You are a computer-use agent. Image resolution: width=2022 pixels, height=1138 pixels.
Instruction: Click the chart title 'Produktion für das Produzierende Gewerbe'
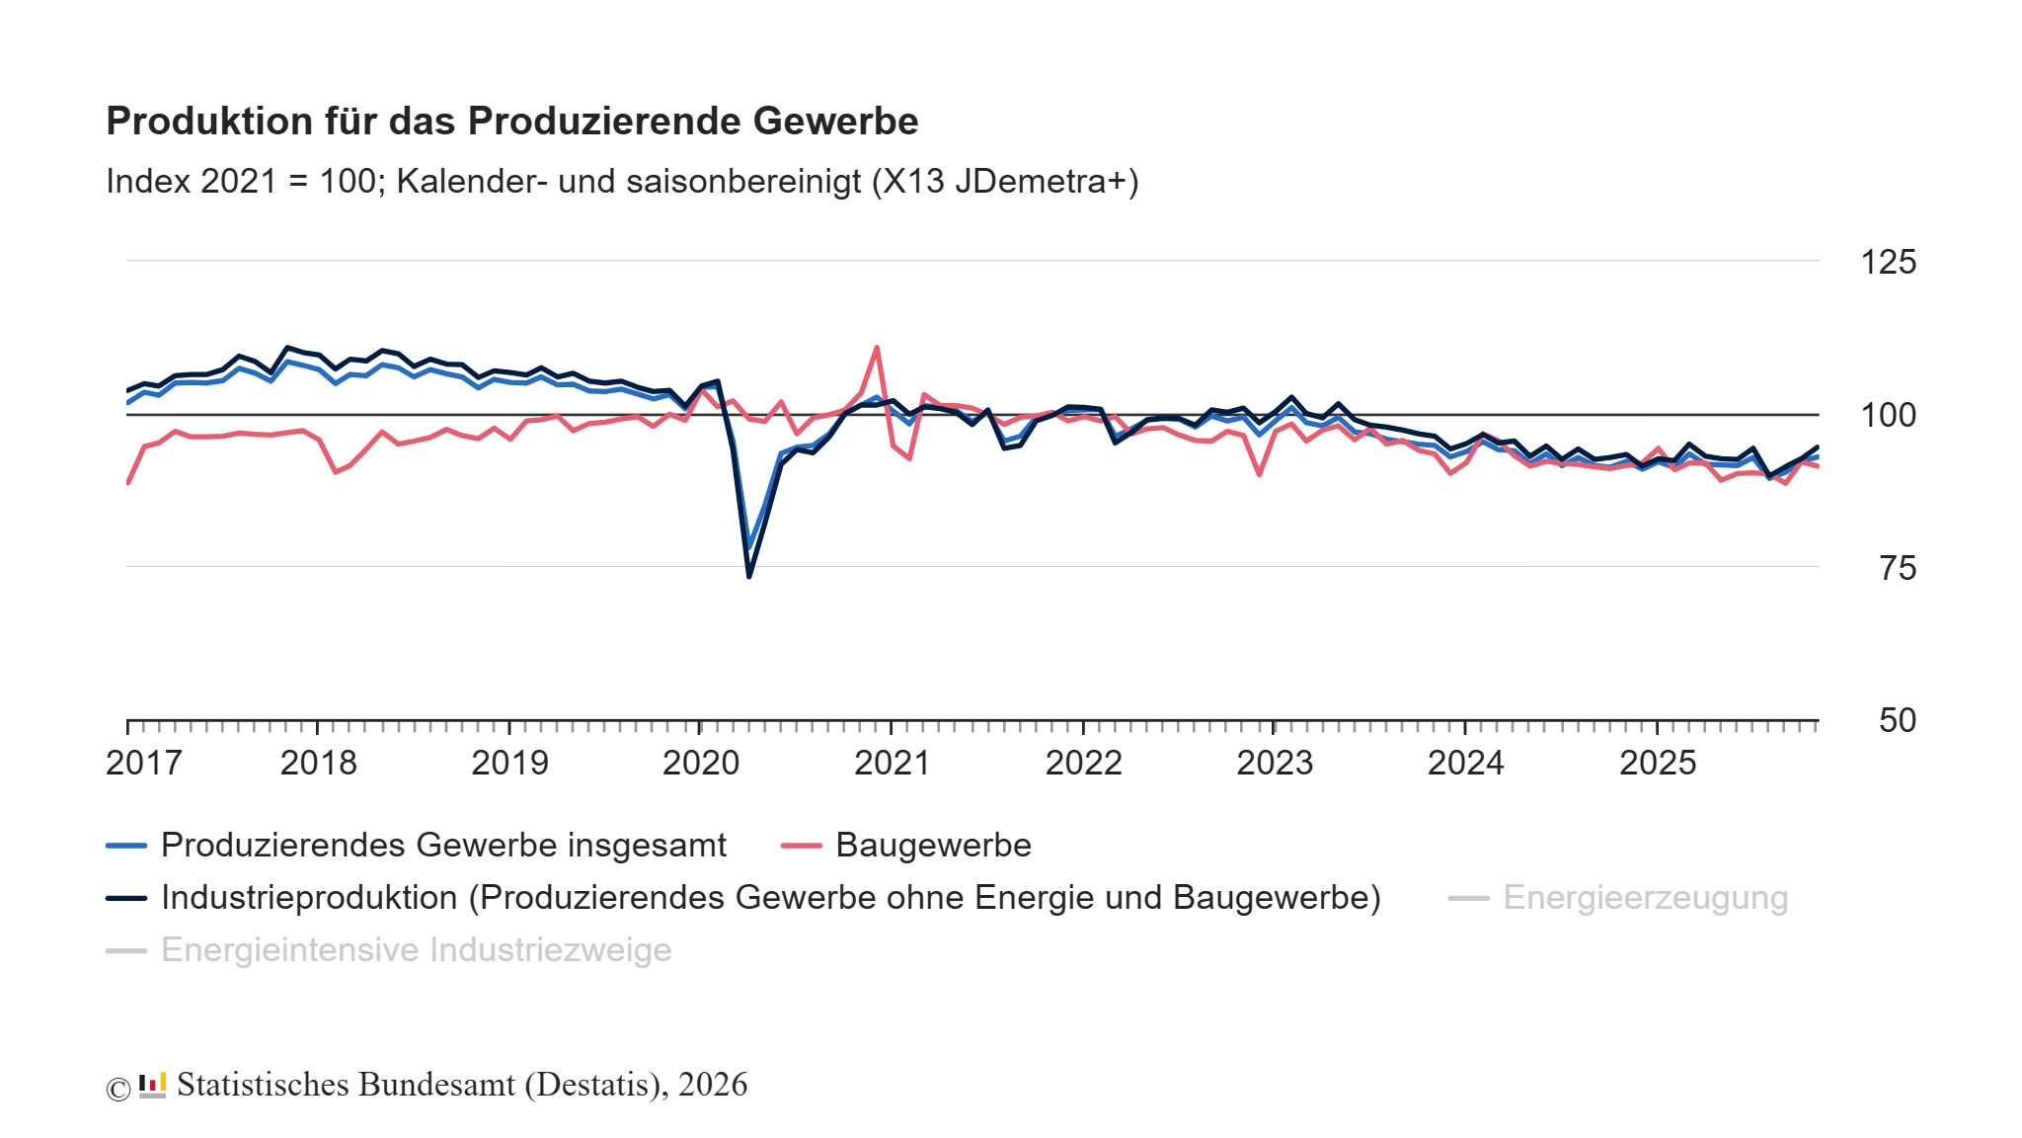tap(511, 121)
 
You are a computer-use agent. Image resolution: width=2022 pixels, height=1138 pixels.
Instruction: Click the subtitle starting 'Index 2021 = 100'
tap(622, 182)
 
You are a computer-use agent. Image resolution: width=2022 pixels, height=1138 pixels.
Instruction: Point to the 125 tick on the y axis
tap(1887, 262)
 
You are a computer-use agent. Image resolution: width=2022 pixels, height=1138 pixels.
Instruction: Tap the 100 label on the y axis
tap(1887, 415)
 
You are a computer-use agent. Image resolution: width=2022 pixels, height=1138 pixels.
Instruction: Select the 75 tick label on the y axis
tap(1897, 568)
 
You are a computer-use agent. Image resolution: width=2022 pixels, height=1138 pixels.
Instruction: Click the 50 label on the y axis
tap(1897, 720)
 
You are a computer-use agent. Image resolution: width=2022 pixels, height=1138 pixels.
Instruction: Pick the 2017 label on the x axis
tap(143, 763)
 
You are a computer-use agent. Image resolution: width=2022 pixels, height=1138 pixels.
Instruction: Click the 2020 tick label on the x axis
tap(700, 763)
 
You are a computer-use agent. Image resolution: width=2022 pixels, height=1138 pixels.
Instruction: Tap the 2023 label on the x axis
tap(1275, 763)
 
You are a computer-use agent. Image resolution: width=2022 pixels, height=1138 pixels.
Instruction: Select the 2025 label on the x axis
tap(1657, 763)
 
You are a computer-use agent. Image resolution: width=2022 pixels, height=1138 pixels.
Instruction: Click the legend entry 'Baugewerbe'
tap(932, 846)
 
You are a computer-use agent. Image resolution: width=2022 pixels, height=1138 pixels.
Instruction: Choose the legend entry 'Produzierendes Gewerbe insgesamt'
tap(442, 846)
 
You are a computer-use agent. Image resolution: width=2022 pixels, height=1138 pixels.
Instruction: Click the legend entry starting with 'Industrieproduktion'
tap(770, 898)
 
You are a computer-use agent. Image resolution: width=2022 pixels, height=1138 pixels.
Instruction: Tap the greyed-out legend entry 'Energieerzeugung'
tap(1645, 898)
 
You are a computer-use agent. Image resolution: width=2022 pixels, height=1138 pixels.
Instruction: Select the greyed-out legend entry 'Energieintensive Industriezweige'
tap(416, 950)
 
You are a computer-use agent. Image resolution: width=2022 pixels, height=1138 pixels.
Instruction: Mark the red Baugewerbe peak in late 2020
tap(877, 348)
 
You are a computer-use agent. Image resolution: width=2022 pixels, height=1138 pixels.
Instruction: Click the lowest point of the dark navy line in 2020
tap(749, 576)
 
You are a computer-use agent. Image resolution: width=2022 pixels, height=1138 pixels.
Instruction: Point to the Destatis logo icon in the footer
tap(152, 1086)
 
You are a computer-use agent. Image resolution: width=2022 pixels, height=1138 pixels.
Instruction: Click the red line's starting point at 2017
tap(128, 482)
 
